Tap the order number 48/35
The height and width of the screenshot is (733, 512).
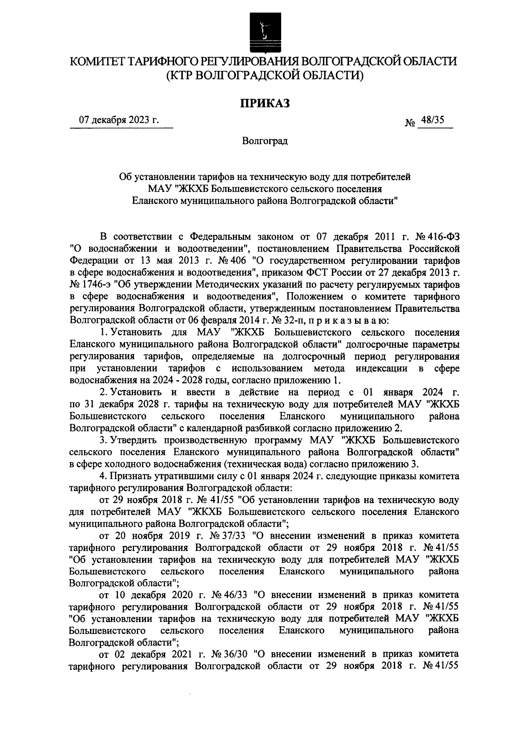(x=432, y=121)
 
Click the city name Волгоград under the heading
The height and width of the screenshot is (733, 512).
(x=265, y=141)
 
